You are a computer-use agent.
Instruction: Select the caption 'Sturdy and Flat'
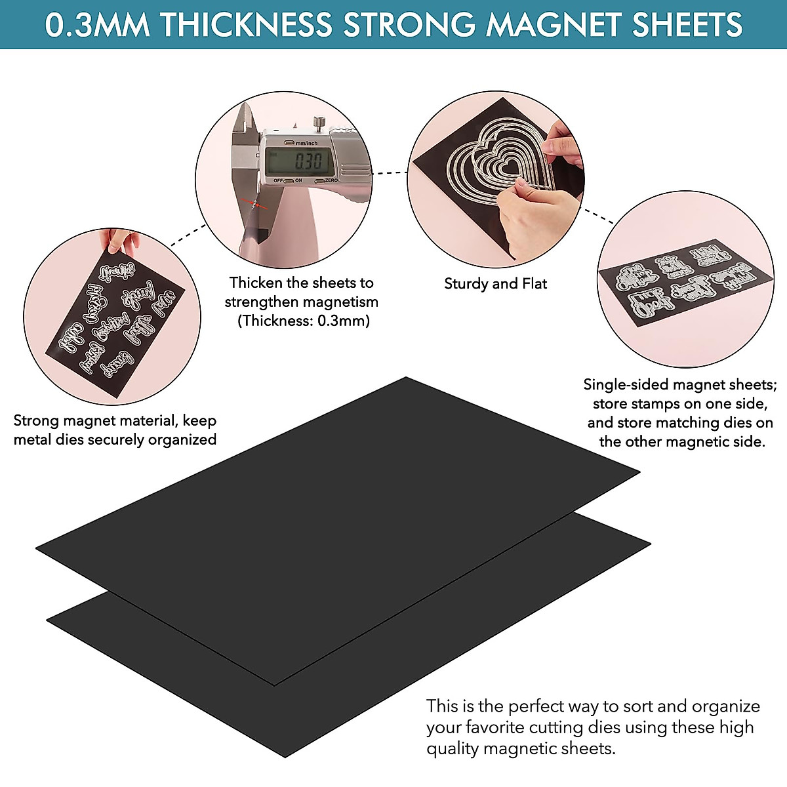pos(495,283)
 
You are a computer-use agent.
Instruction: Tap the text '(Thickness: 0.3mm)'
pos(304,321)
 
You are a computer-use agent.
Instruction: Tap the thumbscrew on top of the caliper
pos(319,122)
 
